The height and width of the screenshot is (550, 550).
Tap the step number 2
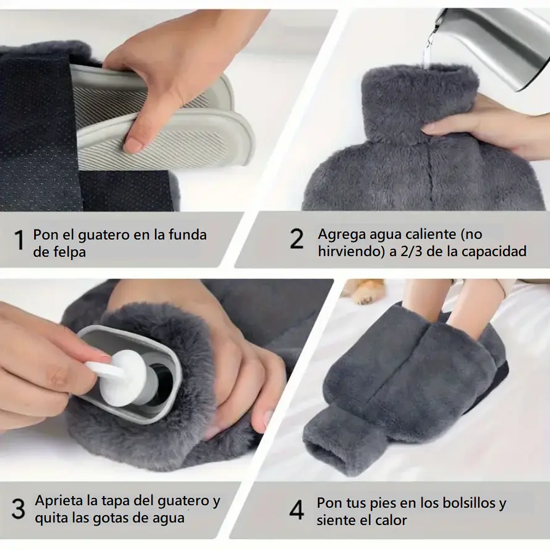point(296,239)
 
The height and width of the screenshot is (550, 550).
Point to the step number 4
point(297,510)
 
